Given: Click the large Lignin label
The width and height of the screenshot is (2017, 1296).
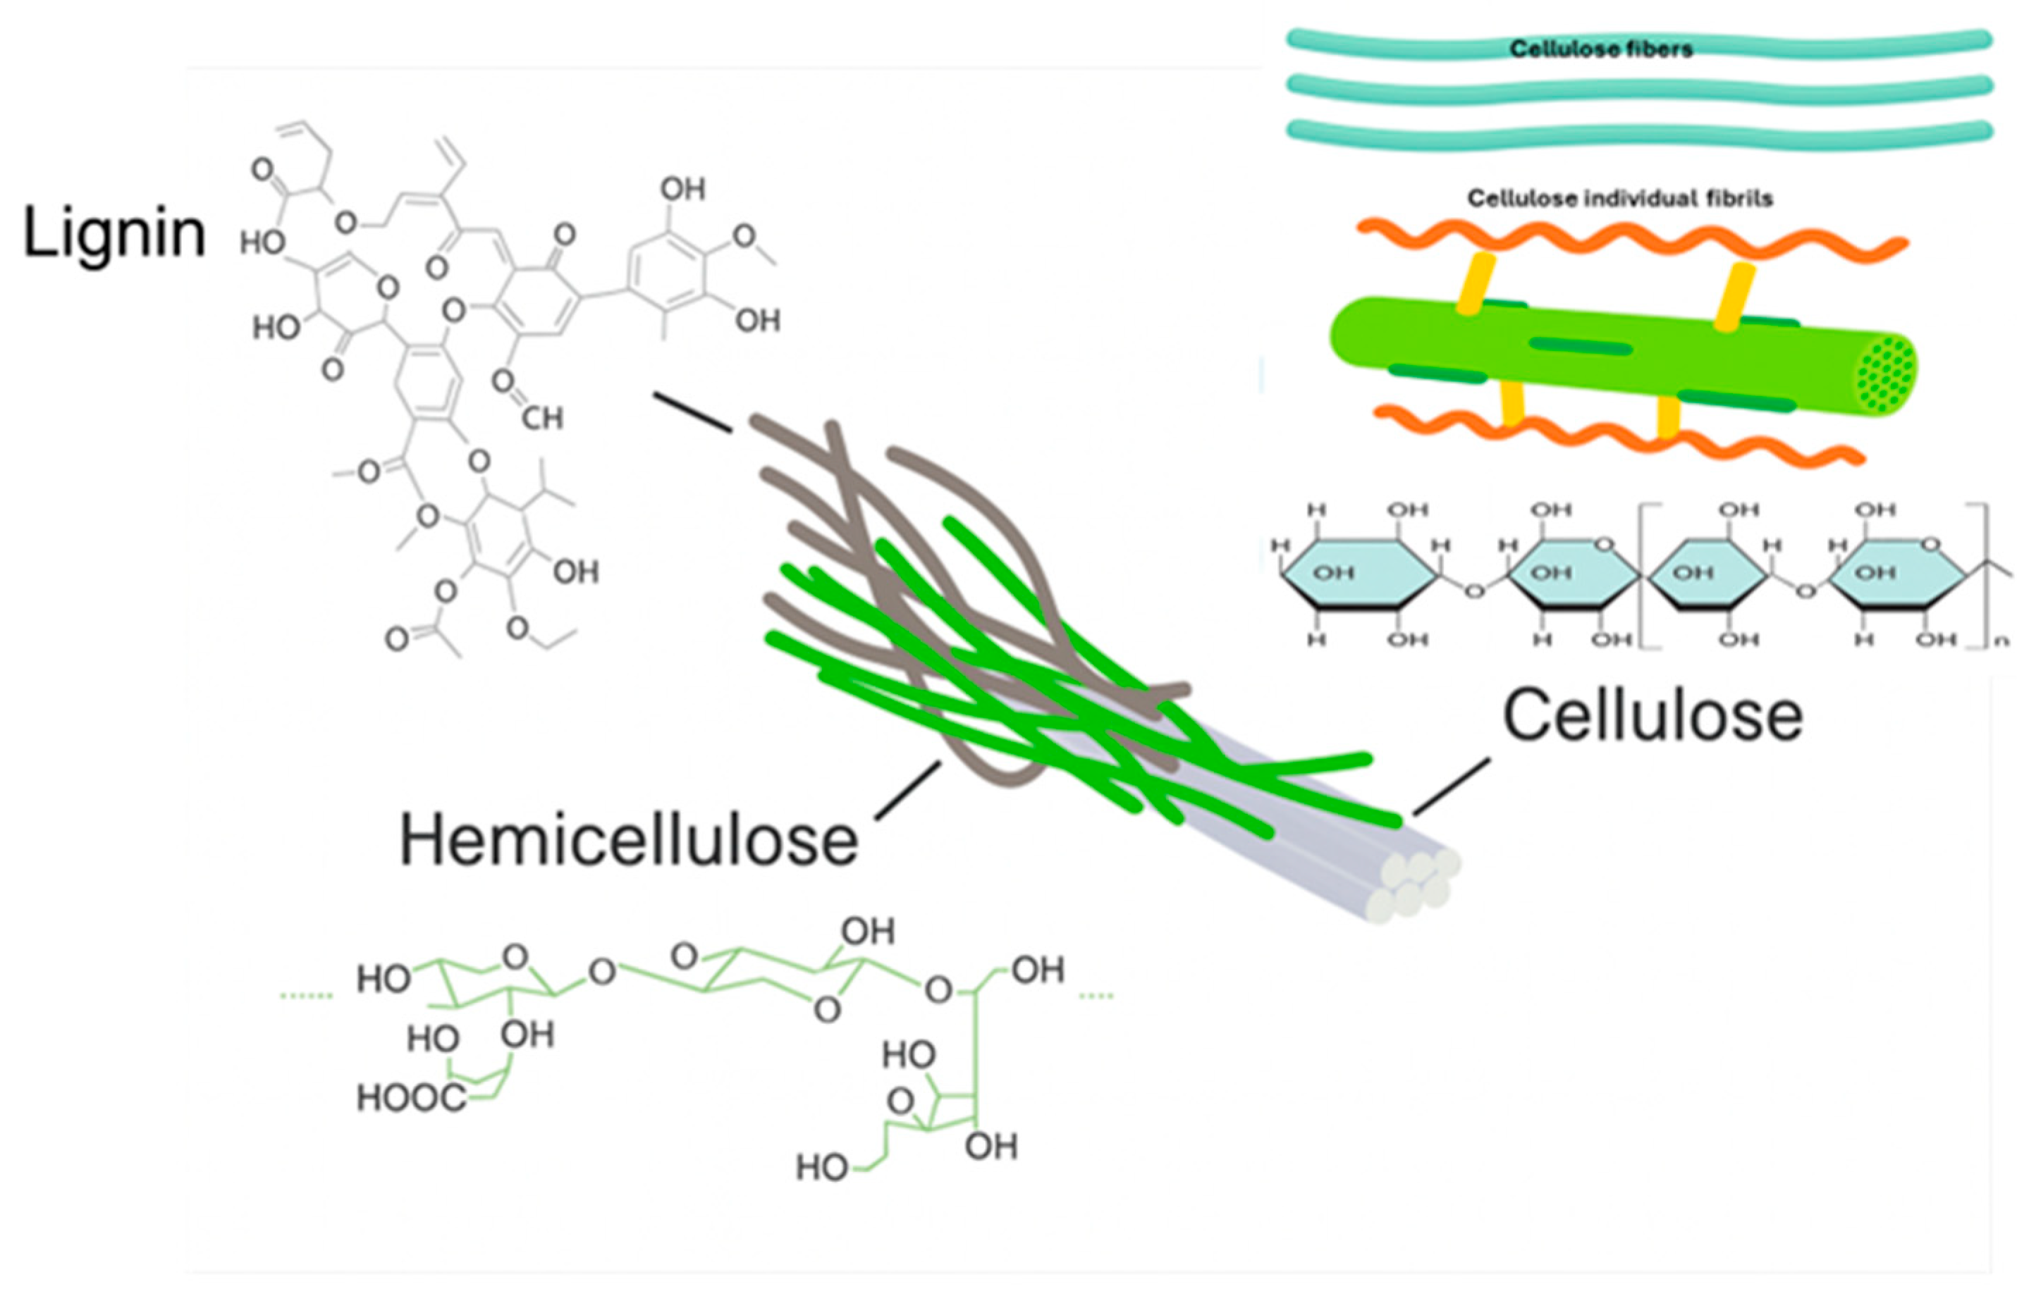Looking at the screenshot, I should (x=114, y=233).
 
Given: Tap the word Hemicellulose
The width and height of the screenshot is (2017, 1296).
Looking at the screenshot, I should (x=628, y=841).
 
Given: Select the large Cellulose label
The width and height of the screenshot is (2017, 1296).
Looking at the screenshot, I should (x=1652, y=716).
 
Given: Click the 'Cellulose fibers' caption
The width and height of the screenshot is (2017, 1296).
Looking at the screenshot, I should (x=1600, y=49).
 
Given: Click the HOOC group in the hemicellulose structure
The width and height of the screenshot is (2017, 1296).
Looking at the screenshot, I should (x=411, y=1098).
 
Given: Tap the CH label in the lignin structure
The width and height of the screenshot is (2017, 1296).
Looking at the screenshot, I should (x=541, y=418).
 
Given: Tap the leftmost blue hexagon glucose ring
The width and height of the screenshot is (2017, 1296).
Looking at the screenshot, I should (x=1357, y=573).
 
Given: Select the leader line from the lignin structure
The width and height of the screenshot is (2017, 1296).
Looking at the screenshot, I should (x=692, y=412).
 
